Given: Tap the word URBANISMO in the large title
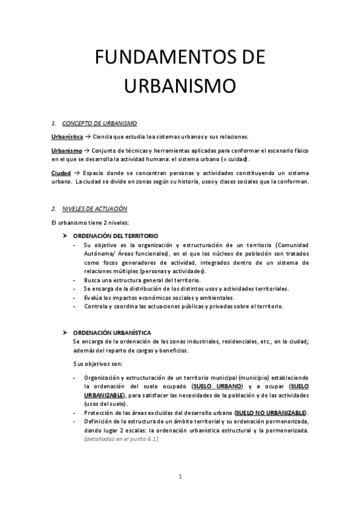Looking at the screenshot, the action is coord(180,85).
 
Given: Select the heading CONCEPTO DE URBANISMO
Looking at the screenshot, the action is coord(96,123).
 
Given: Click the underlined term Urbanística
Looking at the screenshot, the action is coord(67,137).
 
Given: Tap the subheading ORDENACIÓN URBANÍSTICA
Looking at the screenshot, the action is coord(112,333).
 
